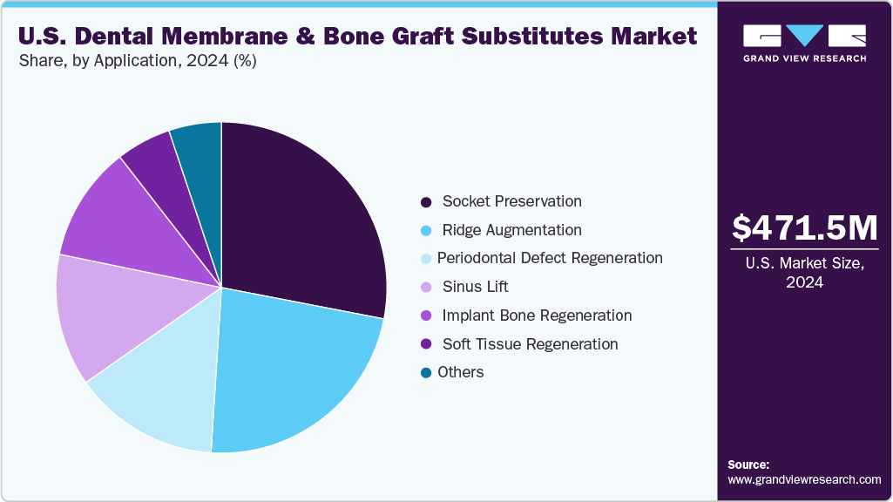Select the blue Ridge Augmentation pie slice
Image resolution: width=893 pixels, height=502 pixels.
(288, 366)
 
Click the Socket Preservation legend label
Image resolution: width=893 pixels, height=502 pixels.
(511, 201)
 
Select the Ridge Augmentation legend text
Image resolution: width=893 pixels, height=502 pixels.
(511, 230)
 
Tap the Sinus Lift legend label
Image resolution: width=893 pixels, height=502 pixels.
(475, 287)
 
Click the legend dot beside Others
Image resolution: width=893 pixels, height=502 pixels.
(426, 373)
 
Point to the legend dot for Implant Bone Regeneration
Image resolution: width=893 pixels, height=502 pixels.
(426, 315)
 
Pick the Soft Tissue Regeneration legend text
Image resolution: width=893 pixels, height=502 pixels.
(530, 344)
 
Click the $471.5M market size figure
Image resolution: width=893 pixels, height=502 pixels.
(805, 227)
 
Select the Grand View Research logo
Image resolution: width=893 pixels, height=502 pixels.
(804, 42)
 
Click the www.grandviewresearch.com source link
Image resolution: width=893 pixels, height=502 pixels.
(804, 480)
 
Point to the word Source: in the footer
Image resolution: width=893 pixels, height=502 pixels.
(748, 465)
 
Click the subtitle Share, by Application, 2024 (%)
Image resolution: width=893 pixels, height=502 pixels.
(137, 61)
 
